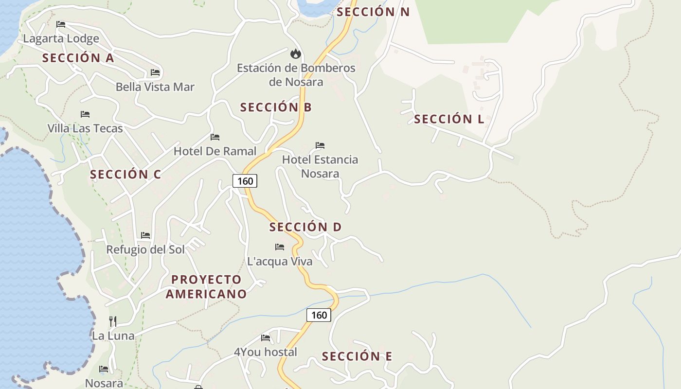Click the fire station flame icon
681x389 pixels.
point(295,53)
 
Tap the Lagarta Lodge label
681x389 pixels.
point(61,38)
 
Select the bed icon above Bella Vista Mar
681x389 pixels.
point(155,72)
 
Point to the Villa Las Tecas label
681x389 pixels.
point(85,128)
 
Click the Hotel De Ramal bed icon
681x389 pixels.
point(215,137)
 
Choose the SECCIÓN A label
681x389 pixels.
point(78,58)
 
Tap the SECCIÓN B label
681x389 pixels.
point(276,107)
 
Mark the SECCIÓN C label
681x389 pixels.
point(125,174)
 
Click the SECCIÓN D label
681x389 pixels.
point(305,227)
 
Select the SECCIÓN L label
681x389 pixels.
point(449,119)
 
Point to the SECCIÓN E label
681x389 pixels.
point(357,356)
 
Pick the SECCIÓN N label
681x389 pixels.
point(373,12)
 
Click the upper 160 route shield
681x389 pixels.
point(245,181)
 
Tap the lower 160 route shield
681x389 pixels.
point(319,315)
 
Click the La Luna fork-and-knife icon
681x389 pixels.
point(112,321)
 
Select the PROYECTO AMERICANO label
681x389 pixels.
point(206,286)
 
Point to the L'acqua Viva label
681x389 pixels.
point(280,261)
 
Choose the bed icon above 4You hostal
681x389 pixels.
point(266,337)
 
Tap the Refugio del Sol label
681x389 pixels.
point(145,249)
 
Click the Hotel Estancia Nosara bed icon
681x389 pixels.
point(320,145)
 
